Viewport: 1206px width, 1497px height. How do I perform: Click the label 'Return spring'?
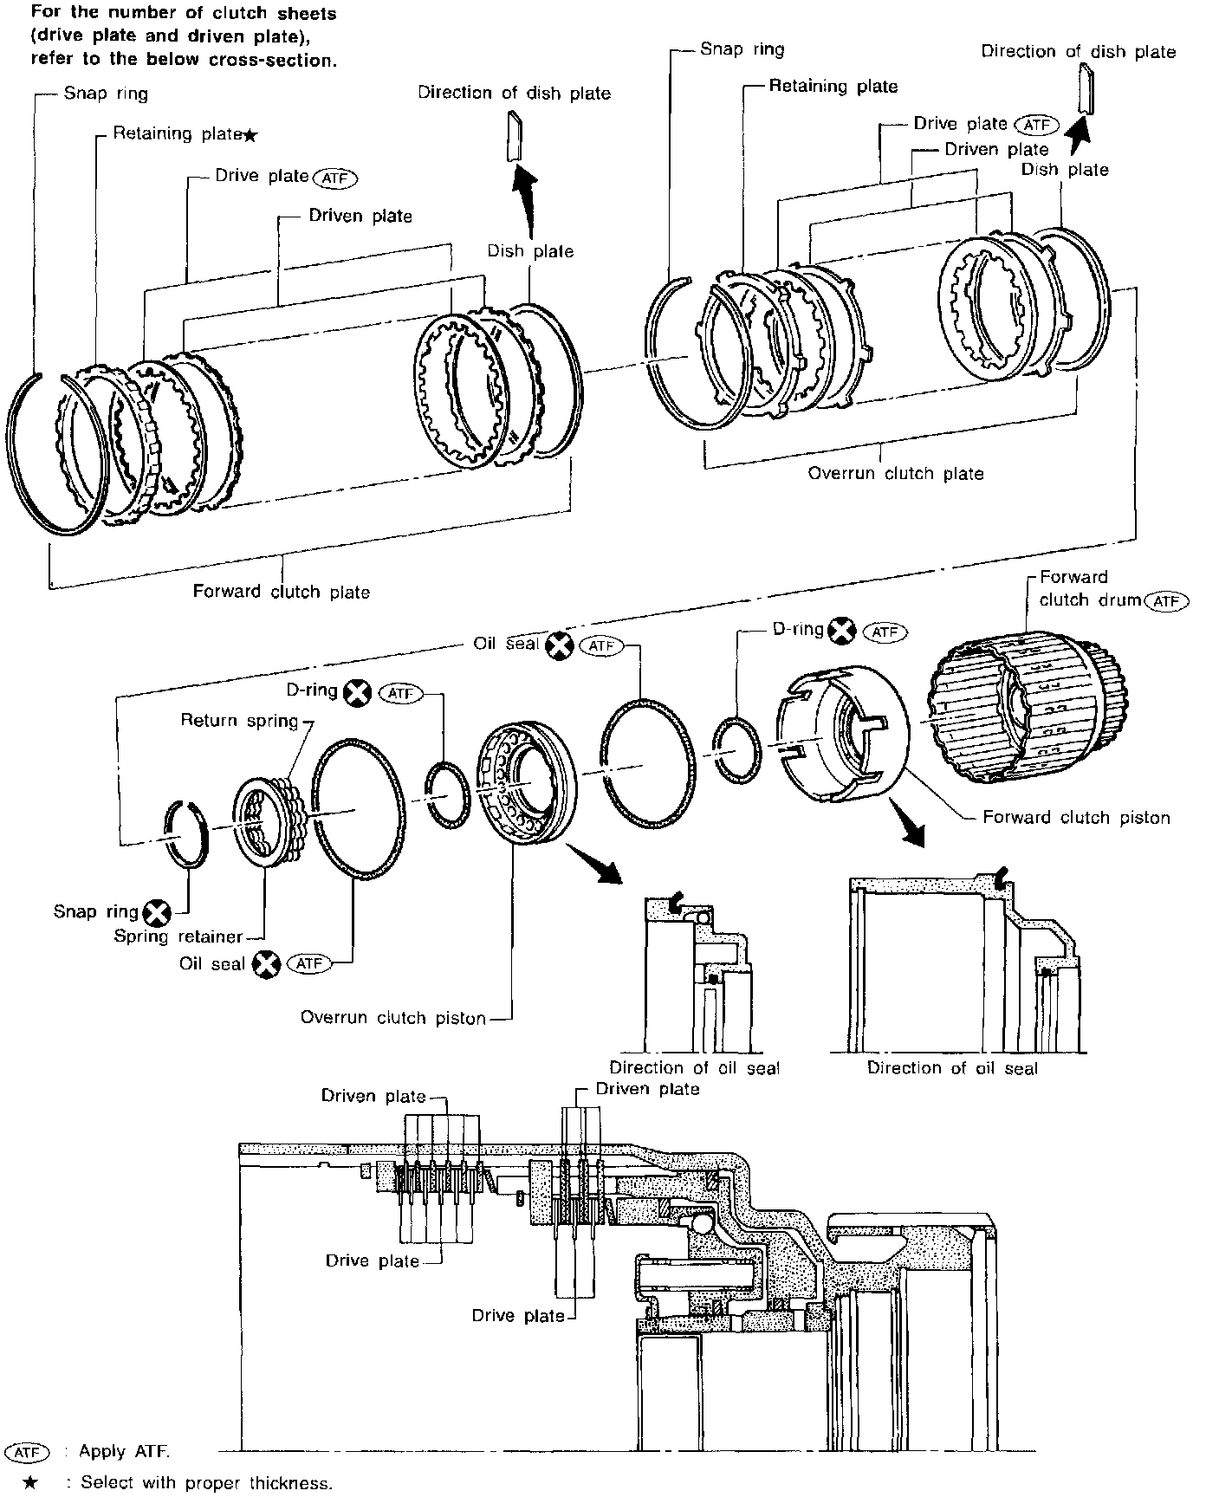[239, 721]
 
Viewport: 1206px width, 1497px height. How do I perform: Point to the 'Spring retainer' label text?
[178, 936]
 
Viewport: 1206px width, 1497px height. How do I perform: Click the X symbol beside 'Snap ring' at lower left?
[157, 912]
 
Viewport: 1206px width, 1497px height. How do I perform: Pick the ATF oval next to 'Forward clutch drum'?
[1166, 600]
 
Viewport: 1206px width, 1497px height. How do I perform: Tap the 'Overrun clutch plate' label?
[896, 474]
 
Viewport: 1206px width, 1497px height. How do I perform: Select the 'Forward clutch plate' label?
[282, 592]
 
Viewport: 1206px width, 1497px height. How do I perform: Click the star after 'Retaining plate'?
[250, 134]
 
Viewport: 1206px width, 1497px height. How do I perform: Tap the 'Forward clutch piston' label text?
[1076, 817]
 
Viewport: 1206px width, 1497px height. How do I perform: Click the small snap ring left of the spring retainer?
[186, 833]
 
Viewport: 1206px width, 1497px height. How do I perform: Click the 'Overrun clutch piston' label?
[393, 1018]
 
